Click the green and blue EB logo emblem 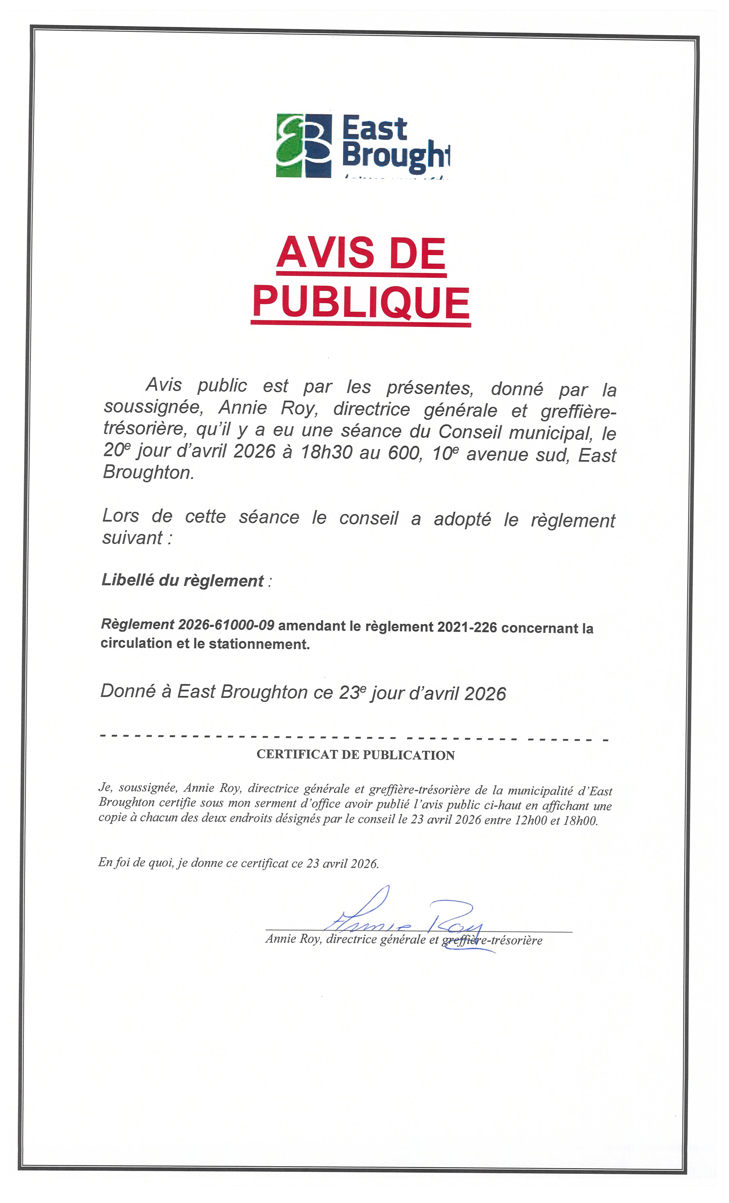304,146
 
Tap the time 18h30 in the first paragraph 326,452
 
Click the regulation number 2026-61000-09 226,625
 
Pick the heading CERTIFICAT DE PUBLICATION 355,755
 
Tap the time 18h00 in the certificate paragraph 580,821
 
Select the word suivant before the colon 132,538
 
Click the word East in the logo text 374,129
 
